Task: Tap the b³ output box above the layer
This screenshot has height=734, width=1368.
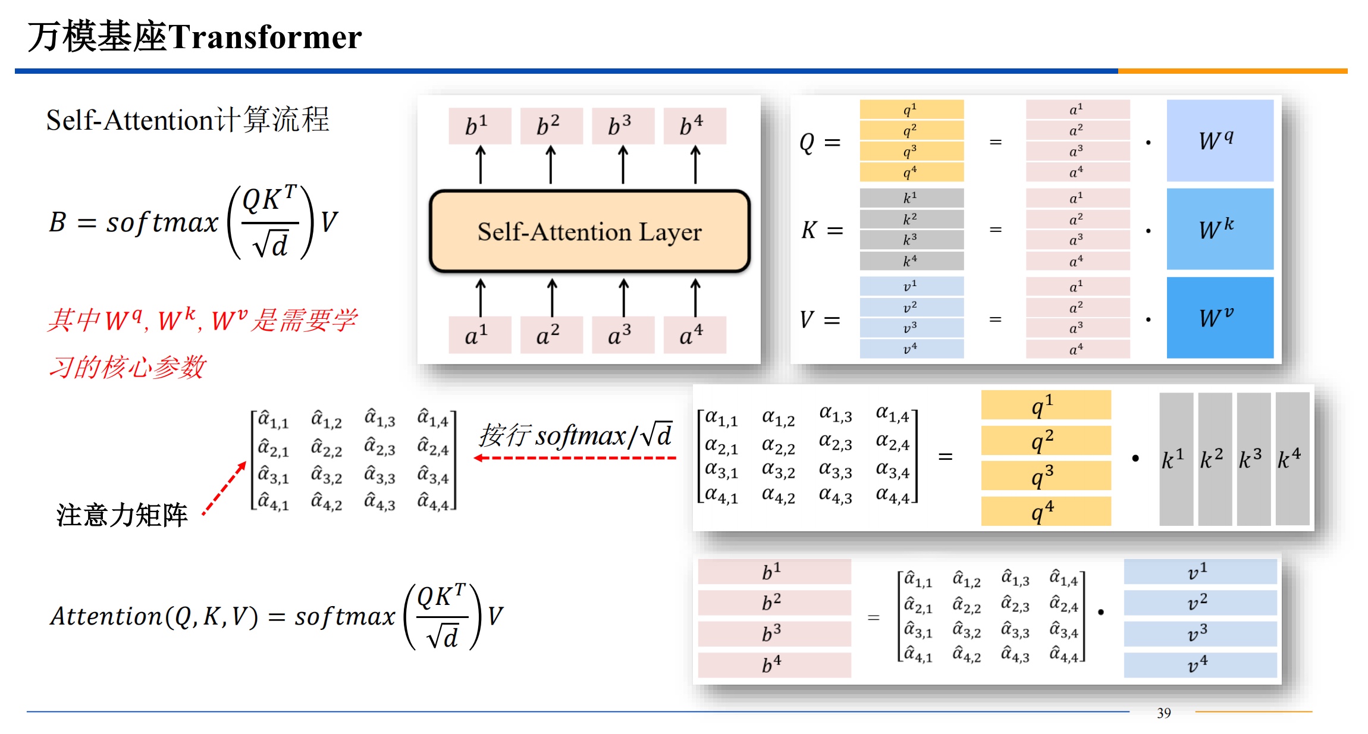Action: [x=623, y=126]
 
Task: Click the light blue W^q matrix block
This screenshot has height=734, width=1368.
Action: [x=1219, y=140]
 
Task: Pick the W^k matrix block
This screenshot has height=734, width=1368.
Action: [x=1219, y=229]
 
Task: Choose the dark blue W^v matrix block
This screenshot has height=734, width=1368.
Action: [x=1219, y=318]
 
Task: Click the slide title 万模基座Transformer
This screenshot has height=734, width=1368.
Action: [x=194, y=37]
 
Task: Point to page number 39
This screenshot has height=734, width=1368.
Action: [x=1163, y=713]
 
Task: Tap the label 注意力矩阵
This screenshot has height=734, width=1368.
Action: [x=122, y=515]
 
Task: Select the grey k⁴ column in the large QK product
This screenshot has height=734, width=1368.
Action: [x=1292, y=459]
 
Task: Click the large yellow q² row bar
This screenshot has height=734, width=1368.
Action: [x=1046, y=441]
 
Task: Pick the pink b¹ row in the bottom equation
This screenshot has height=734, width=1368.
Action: [x=774, y=572]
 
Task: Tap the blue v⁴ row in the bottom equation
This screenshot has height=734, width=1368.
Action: [x=1200, y=665]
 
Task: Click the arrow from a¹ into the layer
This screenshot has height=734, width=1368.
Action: [x=481, y=297]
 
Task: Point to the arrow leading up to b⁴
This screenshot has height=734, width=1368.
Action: [x=695, y=165]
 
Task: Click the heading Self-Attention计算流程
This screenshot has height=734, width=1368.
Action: [x=187, y=120]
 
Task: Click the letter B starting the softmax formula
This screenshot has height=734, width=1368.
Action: [x=58, y=222]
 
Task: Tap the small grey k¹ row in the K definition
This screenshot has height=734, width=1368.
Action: [x=911, y=198]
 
